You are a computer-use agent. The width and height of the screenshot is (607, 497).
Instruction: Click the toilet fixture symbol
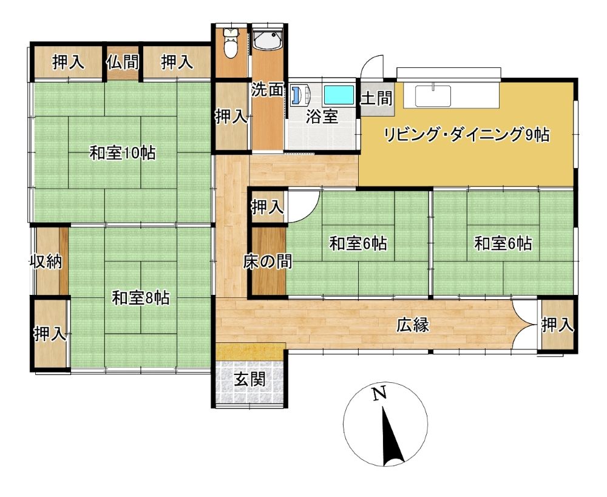point(231,42)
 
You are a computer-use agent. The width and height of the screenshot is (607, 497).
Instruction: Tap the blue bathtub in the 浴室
point(339,95)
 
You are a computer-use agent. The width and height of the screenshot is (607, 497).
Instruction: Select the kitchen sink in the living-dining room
point(433,95)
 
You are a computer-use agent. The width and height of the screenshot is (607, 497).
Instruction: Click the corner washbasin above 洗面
point(267,40)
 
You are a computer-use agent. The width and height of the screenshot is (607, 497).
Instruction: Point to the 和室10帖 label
point(123,154)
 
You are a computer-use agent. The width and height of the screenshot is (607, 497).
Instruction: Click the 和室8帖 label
point(141,299)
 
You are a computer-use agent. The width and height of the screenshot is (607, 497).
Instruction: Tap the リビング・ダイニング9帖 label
point(466,135)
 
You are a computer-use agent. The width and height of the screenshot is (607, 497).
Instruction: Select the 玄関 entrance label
point(250,380)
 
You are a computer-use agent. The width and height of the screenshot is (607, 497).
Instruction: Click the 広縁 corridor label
point(413,325)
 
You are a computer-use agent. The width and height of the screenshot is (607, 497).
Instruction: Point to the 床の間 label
point(268,262)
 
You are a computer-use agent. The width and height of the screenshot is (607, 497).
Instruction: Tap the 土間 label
point(376,98)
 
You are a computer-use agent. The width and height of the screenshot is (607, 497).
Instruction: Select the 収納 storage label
point(47,262)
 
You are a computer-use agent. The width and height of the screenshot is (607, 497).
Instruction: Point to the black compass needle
point(392,436)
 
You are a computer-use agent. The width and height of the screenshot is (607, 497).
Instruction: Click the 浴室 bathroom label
point(322,117)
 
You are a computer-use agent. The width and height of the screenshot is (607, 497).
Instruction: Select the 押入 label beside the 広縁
point(557,325)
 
